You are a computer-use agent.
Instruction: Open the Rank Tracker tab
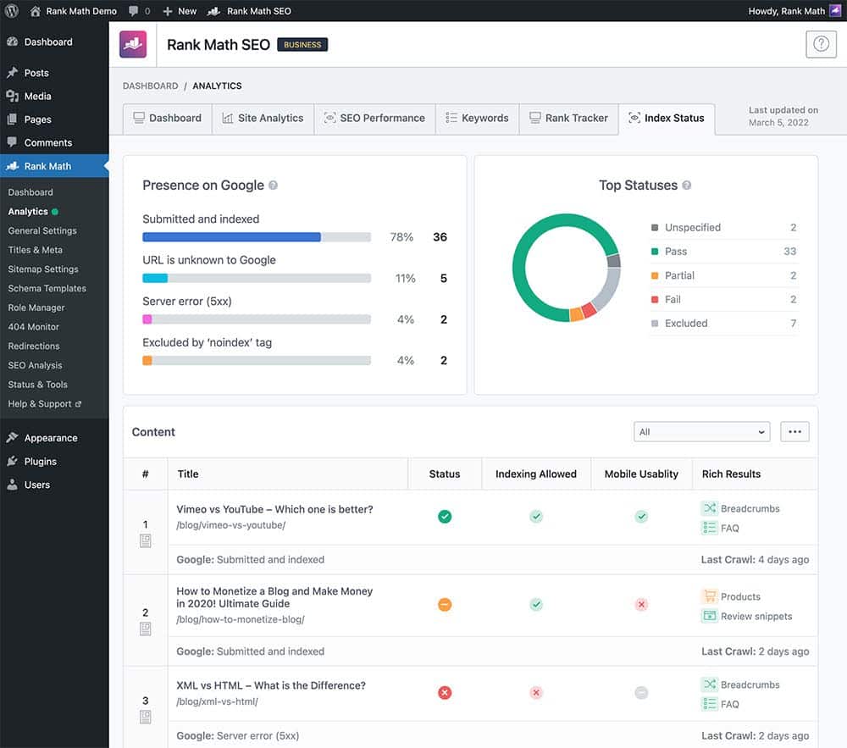tap(568, 118)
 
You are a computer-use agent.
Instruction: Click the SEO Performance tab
tap(374, 118)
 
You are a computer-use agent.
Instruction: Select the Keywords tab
tap(477, 118)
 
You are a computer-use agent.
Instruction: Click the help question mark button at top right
tap(820, 45)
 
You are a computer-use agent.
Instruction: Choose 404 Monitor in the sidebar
tap(33, 327)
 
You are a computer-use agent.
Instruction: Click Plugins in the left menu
tap(40, 462)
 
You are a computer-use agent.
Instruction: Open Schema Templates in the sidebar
tap(47, 288)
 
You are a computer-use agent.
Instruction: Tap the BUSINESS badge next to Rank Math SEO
tap(302, 45)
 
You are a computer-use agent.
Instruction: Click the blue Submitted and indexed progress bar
tap(231, 237)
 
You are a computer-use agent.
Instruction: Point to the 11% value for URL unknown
tap(405, 279)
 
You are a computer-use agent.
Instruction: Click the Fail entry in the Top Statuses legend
tap(673, 299)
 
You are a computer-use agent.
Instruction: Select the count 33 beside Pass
tap(789, 252)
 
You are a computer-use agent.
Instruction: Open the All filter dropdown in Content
tap(701, 432)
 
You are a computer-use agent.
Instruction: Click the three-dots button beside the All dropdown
tap(794, 432)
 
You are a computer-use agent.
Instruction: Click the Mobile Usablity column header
tap(641, 474)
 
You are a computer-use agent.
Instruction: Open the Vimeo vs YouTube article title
tap(274, 510)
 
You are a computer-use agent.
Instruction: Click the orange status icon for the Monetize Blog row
tap(445, 605)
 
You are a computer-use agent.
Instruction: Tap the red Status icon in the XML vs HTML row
tap(445, 693)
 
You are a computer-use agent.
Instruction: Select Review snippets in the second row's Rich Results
tap(756, 617)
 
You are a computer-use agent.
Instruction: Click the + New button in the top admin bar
tap(180, 11)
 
